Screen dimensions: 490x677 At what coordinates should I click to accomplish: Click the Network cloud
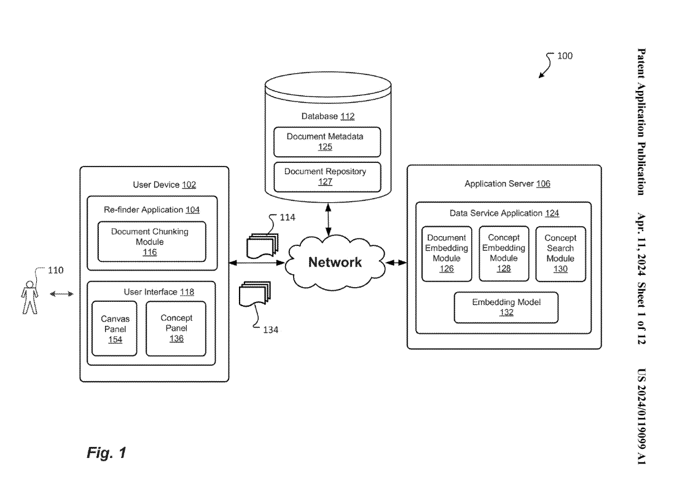[335, 263]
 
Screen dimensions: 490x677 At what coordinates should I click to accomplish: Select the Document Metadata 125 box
[327, 142]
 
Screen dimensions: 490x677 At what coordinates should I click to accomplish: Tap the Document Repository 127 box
[327, 176]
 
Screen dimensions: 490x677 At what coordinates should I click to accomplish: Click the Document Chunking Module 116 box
[150, 242]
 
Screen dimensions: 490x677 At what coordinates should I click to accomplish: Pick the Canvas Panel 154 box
[114, 328]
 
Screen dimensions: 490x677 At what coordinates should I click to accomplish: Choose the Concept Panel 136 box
[176, 328]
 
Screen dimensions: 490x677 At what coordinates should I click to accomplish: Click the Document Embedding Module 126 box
[447, 253]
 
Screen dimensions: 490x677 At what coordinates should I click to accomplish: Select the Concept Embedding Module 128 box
[504, 253]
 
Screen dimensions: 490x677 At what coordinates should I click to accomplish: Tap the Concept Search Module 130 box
[560, 253]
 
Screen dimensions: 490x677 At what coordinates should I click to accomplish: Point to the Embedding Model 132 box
[506, 307]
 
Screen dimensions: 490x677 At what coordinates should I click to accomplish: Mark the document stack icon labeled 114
[261, 245]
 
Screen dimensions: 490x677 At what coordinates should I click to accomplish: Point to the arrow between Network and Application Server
[396, 263]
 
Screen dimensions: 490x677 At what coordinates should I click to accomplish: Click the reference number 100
[565, 56]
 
